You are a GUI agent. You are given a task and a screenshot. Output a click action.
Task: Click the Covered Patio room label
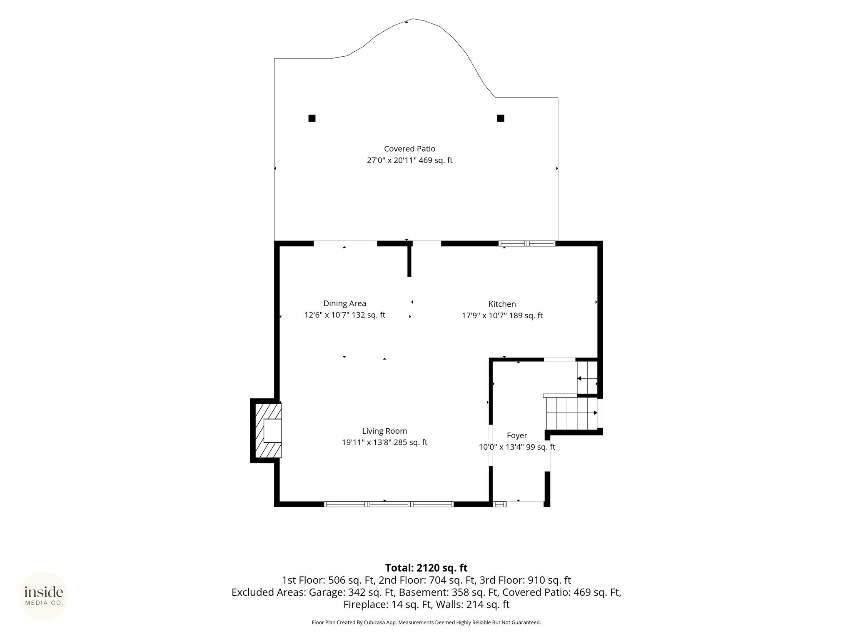(409, 149)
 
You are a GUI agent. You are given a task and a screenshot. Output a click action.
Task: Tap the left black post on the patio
(312, 118)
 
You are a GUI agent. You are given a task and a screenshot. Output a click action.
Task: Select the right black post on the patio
(501, 118)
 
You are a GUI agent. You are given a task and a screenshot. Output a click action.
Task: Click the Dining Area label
(344, 303)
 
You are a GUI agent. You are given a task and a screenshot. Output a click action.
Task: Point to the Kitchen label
(502, 304)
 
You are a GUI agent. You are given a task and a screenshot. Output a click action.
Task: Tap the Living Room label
(384, 431)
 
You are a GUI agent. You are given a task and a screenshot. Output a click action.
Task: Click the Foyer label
(517, 435)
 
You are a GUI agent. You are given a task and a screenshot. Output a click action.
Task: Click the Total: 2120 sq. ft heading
(426, 568)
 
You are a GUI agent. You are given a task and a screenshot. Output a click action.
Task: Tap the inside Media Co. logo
(44, 596)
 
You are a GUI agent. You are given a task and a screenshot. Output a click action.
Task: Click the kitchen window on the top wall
(527, 243)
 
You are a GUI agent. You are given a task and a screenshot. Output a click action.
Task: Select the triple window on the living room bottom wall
(389, 504)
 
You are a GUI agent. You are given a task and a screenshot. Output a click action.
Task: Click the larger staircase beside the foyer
(572, 413)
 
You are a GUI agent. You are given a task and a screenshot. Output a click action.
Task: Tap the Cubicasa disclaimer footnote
(426, 622)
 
